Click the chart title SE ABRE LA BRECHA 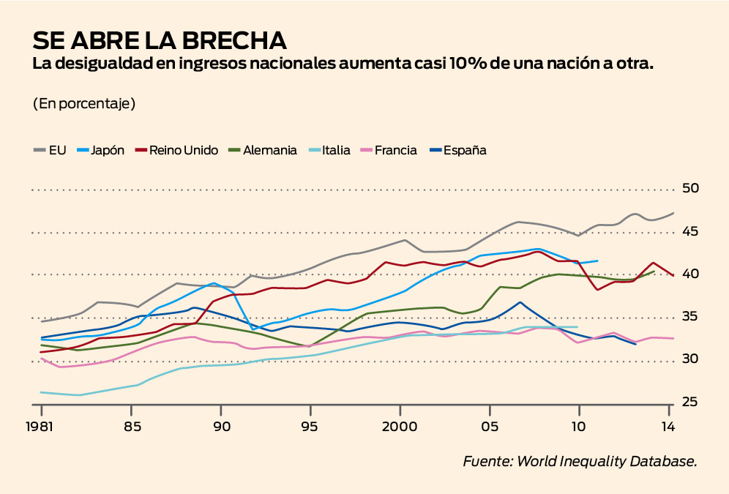pos(159,40)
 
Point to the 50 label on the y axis pos(690,189)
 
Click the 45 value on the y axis pos(690,232)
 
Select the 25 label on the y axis pos(690,402)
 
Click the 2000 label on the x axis pos(400,427)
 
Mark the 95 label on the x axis pos(310,427)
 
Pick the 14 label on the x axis pos(668,427)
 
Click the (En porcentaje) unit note pos(84,103)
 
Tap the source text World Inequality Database pos(607,461)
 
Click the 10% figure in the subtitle pos(475,64)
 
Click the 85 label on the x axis pos(131,427)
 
